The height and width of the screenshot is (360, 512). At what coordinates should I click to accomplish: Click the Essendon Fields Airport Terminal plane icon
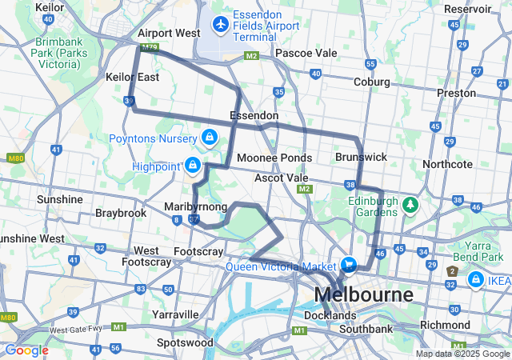(221, 24)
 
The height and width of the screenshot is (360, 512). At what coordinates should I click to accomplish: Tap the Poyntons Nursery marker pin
(210, 137)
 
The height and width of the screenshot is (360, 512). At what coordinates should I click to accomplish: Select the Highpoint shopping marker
(192, 165)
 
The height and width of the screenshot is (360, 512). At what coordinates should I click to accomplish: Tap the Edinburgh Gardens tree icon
(411, 205)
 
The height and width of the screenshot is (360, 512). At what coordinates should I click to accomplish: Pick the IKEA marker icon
(475, 280)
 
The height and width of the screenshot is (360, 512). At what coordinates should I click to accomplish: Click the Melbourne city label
(364, 294)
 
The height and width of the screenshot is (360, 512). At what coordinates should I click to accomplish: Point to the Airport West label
(169, 34)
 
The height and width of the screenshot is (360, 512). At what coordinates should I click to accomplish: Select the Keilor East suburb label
(132, 77)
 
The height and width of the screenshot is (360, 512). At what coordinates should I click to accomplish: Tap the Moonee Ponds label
(274, 158)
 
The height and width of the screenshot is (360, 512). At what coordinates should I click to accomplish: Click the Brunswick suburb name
(361, 158)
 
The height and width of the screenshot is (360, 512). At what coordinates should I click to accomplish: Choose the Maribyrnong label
(195, 206)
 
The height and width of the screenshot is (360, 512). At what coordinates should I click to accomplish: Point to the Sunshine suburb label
(60, 198)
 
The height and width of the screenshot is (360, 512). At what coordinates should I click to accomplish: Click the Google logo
(26, 350)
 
